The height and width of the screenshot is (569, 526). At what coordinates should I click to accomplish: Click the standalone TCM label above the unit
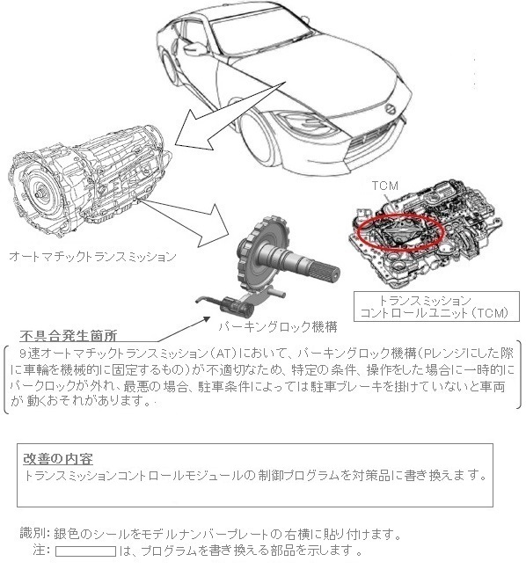[x=384, y=186]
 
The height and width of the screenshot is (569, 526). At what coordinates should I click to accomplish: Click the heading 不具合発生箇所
[x=68, y=336]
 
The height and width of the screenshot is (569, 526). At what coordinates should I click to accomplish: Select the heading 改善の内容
[x=59, y=459]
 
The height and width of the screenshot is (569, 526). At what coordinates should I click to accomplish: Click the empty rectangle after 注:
[x=85, y=552]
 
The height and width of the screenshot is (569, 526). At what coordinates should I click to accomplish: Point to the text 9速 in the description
[x=40, y=352]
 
